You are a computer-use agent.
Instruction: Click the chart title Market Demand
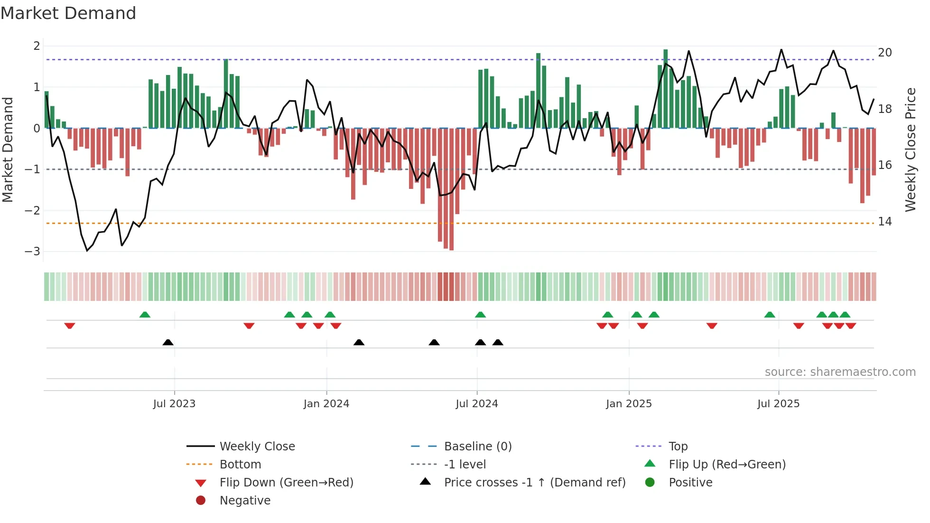68,13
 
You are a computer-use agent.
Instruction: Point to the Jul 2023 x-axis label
174,404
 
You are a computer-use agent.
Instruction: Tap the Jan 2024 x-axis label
326,404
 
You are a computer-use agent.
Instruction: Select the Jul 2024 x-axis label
477,404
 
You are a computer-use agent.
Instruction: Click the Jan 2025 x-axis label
629,404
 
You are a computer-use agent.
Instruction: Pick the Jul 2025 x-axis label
778,404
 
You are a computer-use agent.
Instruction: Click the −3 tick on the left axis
32,252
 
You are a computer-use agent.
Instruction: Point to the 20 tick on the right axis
884,53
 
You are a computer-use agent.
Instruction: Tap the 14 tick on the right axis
884,222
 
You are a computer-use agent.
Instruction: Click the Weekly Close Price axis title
910,149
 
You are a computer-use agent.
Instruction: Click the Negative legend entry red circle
201,501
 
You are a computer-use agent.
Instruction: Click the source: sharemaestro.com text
840,372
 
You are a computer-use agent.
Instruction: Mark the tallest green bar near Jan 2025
666,88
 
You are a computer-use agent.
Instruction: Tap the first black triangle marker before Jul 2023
168,342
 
